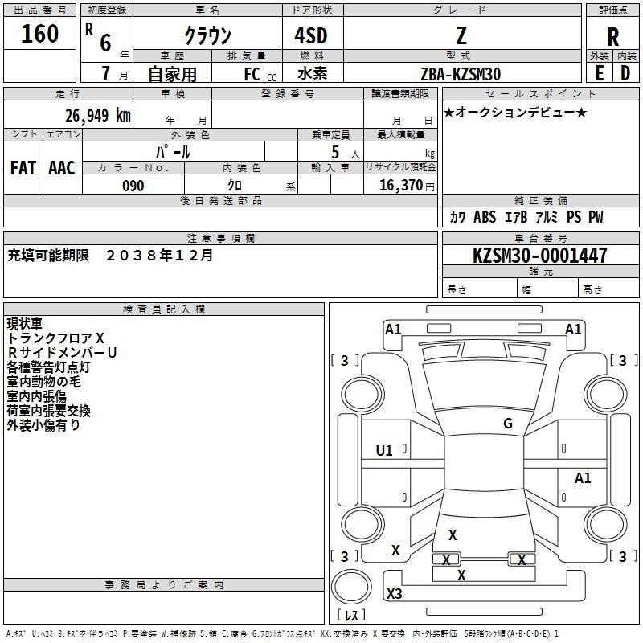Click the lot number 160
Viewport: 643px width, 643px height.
click(39, 34)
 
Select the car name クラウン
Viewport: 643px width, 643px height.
click(208, 35)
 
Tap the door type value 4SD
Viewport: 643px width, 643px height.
click(311, 35)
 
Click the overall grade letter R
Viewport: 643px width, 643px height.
click(612, 37)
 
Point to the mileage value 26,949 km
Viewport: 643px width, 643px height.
click(98, 116)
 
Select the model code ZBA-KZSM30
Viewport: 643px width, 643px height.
click(461, 74)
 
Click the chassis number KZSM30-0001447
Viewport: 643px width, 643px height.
click(540, 255)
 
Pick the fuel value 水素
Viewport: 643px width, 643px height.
click(313, 73)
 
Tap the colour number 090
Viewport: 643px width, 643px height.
click(133, 186)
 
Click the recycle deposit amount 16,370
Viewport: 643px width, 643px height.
click(400, 186)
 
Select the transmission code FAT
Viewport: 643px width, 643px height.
click(23, 168)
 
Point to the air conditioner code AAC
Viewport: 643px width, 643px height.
click(62, 168)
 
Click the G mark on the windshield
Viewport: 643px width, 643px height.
click(508, 424)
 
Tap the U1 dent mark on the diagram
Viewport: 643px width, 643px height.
click(384, 451)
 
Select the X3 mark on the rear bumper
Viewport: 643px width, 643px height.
click(395, 593)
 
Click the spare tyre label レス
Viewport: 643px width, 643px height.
click(351, 614)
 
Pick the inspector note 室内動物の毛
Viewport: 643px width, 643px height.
click(44, 382)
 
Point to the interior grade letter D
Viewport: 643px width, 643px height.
click(625, 73)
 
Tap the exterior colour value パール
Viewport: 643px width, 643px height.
click(173, 152)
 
